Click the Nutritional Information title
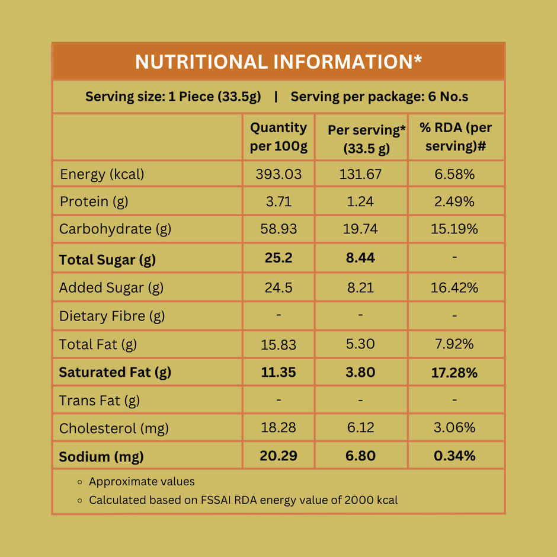click(278, 62)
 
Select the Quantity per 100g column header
click(278, 137)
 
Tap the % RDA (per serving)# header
click(456, 137)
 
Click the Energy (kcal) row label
click(102, 174)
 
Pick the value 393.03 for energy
click(278, 174)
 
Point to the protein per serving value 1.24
click(360, 201)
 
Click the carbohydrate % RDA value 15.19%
click(454, 229)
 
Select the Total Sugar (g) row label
click(108, 260)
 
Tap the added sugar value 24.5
click(278, 287)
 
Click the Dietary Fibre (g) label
click(112, 316)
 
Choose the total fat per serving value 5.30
click(360, 344)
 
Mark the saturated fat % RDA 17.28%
click(454, 373)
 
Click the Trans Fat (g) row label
click(100, 401)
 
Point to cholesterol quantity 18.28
click(278, 428)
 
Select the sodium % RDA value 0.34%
click(454, 456)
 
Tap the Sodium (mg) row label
click(101, 457)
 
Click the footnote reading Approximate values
click(142, 482)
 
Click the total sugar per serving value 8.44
click(360, 258)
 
